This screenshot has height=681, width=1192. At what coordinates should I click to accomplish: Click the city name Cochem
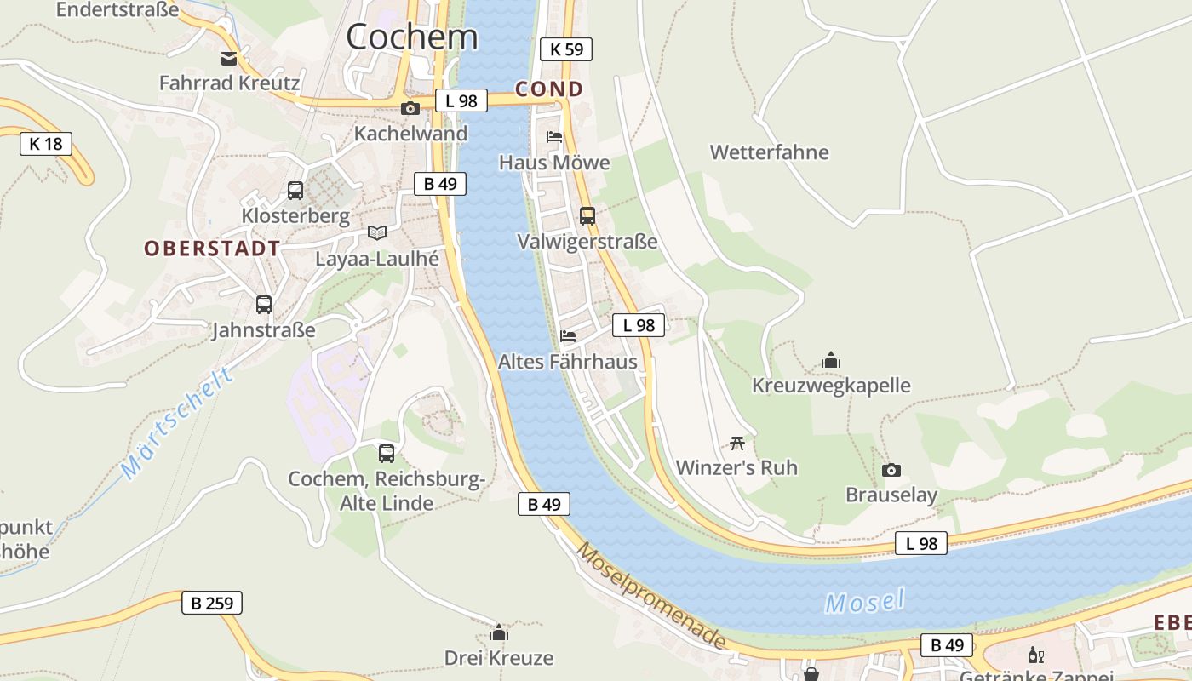click(412, 37)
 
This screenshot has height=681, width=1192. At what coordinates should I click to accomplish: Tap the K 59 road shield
click(566, 49)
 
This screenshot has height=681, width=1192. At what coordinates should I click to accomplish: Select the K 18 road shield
click(46, 144)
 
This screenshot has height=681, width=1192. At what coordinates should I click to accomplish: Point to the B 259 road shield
click(212, 604)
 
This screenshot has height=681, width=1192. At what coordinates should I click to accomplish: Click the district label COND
click(549, 89)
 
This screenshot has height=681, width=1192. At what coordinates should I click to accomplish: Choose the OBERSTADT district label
click(212, 249)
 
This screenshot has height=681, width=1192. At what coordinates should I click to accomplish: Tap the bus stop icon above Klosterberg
click(295, 191)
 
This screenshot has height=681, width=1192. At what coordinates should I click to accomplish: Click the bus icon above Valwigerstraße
click(587, 216)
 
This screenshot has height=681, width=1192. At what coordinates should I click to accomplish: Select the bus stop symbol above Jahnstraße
click(264, 305)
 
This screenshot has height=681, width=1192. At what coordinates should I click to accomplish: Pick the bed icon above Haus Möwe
click(554, 137)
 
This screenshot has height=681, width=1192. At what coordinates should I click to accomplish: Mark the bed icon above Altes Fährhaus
click(568, 336)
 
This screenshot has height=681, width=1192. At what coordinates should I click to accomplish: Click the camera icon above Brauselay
click(891, 471)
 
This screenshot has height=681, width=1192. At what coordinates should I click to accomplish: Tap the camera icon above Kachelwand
click(410, 109)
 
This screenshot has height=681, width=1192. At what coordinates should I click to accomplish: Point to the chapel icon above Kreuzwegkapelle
click(831, 360)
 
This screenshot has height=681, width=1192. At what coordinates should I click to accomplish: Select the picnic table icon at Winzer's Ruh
click(737, 443)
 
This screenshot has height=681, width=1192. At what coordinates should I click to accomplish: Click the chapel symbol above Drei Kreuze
click(499, 632)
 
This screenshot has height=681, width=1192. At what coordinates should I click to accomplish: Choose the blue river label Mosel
click(864, 602)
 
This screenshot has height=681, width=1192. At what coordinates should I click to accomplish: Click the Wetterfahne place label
click(769, 152)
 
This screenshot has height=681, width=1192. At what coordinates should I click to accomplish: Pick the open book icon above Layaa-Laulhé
click(376, 232)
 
